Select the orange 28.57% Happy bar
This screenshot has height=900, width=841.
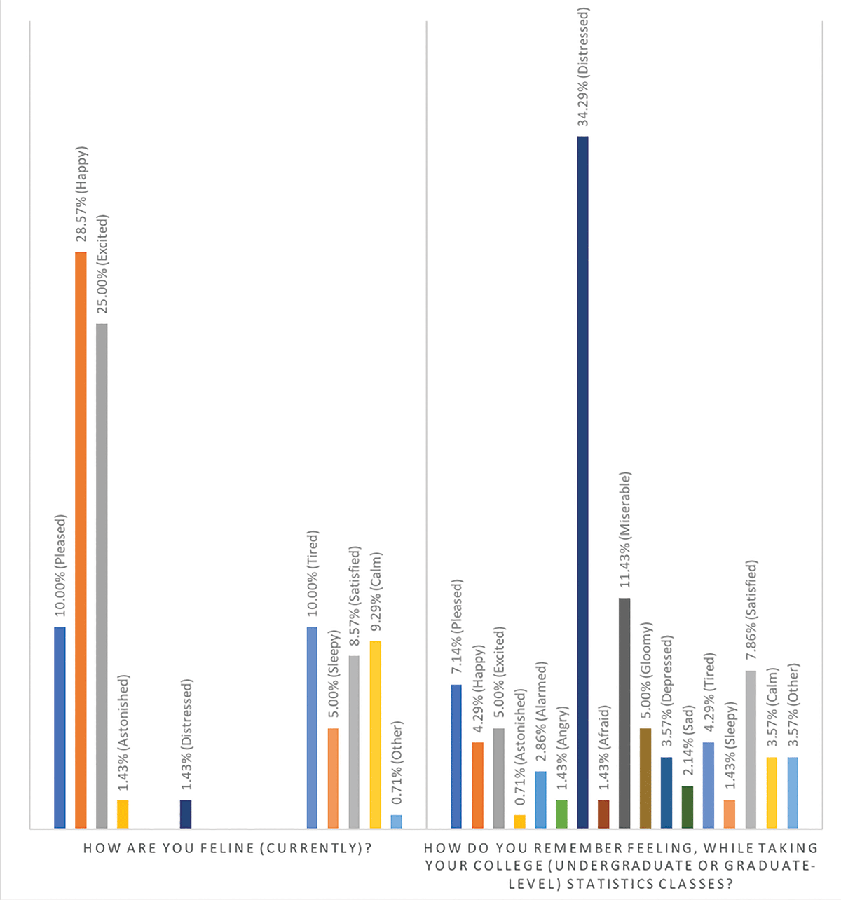click(x=81, y=540)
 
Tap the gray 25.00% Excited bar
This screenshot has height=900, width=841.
click(x=102, y=575)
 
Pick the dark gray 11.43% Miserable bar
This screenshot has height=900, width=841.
click(x=624, y=713)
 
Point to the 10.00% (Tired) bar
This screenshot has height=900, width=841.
click(x=312, y=728)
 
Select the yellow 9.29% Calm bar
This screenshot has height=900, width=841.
click(x=375, y=735)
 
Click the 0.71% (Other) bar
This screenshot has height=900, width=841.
click(x=397, y=821)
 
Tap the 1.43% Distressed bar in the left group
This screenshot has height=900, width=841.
click(x=186, y=814)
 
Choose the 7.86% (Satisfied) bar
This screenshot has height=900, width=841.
click(x=751, y=749)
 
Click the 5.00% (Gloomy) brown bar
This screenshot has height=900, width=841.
click(x=645, y=778)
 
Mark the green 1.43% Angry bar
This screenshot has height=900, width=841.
click(x=561, y=814)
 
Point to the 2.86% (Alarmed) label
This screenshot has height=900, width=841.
click(x=540, y=714)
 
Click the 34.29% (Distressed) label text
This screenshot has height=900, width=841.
click(x=582, y=67)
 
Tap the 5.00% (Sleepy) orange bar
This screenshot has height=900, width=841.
click(x=333, y=778)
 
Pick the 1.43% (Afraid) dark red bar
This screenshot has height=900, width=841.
click(x=603, y=814)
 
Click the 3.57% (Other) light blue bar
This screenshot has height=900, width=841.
click(x=793, y=793)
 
